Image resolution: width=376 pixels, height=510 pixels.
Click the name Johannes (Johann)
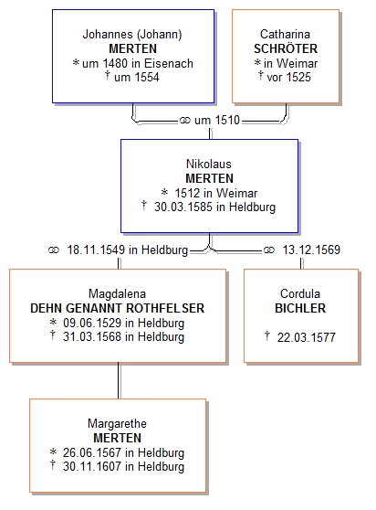(x=132, y=34)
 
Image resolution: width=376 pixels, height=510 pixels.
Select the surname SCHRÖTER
(x=286, y=48)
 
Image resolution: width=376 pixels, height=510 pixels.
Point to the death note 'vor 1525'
(x=288, y=77)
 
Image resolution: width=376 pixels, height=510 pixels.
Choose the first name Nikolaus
(x=209, y=164)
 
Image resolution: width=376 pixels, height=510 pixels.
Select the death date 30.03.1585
(x=183, y=207)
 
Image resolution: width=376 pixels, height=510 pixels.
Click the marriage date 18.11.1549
(x=96, y=250)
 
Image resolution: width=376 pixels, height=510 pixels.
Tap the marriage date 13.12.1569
(x=311, y=250)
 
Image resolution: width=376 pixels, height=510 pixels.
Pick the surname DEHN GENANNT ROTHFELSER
(x=117, y=308)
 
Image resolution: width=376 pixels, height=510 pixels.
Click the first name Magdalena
(x=117, y=293)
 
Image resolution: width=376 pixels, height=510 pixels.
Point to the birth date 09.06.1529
(x=92, y=323)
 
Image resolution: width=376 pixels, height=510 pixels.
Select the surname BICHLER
(x=300, y=308)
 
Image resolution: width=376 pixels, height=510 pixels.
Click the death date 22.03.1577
(x=307, y=337)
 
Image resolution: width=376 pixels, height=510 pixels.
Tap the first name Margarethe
(x=117, y=423)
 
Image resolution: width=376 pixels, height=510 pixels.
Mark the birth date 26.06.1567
(x=92, y=452)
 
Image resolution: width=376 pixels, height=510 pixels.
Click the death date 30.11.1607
(x=92, y=466)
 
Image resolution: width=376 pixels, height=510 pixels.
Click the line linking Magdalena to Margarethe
(x=120, y=380)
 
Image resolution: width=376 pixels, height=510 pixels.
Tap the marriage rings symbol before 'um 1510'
(x=184, y=121)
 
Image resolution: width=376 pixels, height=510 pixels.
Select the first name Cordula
(x=300, y=293)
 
